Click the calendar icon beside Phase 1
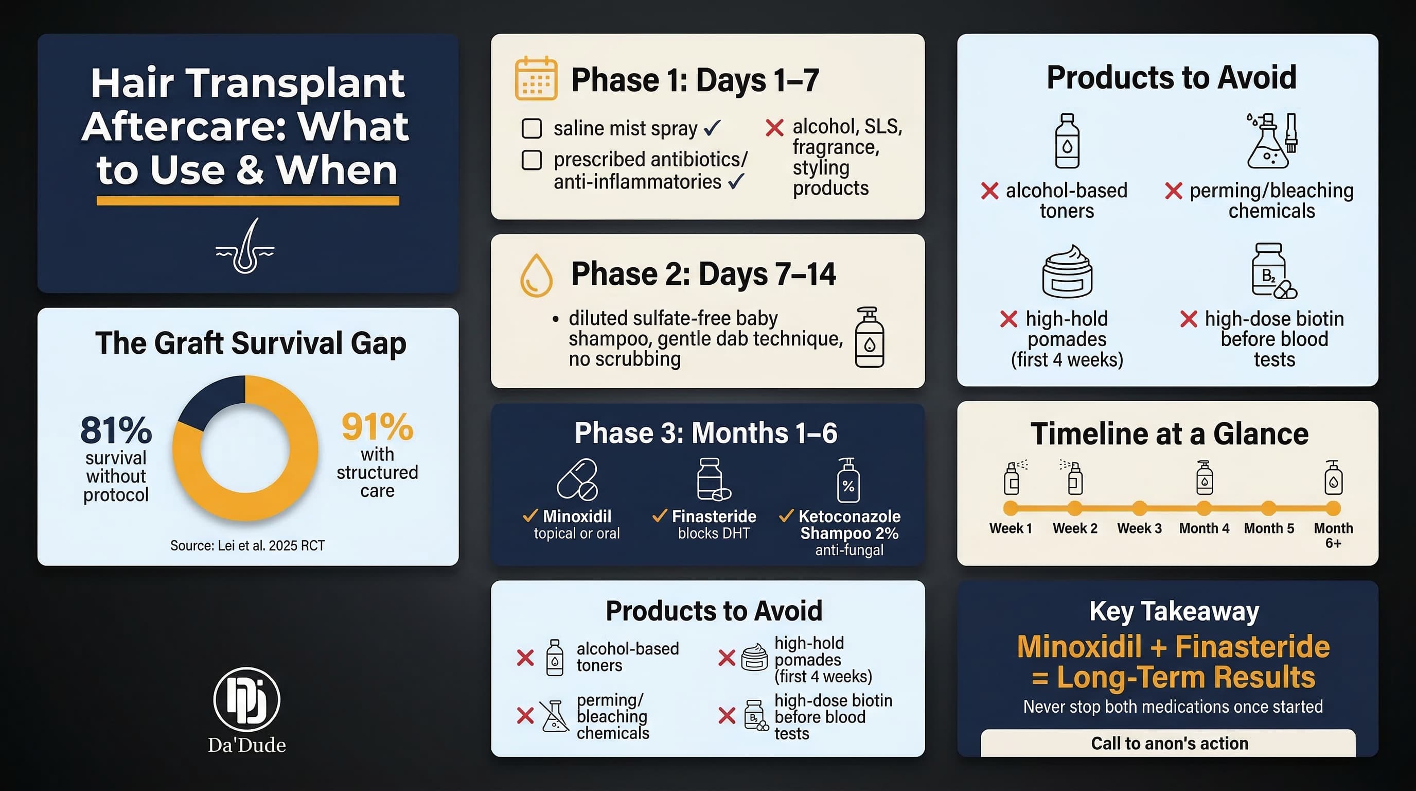(536, 78)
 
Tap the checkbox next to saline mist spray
(532, 128)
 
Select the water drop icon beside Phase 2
(536, 275)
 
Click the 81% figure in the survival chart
(116, 430)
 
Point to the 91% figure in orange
(377, 427)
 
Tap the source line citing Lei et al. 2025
(247, 545)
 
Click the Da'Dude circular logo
(246, 699)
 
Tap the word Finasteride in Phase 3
(714, 516)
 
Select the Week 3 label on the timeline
(1139, 528)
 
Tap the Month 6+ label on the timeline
(1333, 535)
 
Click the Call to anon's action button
(1169, 743)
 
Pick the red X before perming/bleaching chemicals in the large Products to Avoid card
(1173, 192)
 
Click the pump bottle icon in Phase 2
(870, 337)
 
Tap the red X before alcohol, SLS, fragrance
(774, 128)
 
